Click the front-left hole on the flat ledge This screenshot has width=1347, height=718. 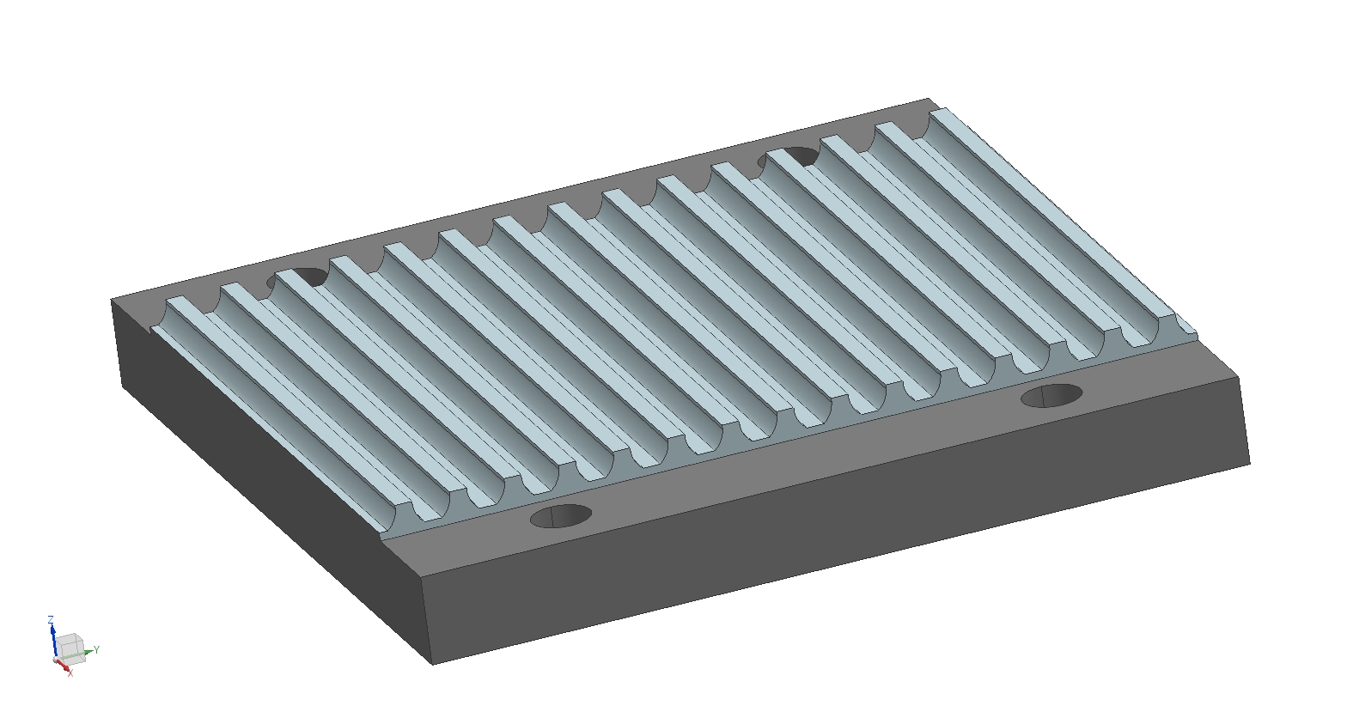[561, 516]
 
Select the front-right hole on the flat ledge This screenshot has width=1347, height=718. [1051, 395]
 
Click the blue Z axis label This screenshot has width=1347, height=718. [51, 619]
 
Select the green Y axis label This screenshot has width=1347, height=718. [96, 649]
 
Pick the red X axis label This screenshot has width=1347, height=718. [70, 673]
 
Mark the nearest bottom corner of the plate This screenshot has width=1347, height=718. [433, 665]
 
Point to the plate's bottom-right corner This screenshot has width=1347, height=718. [1250, 464]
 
